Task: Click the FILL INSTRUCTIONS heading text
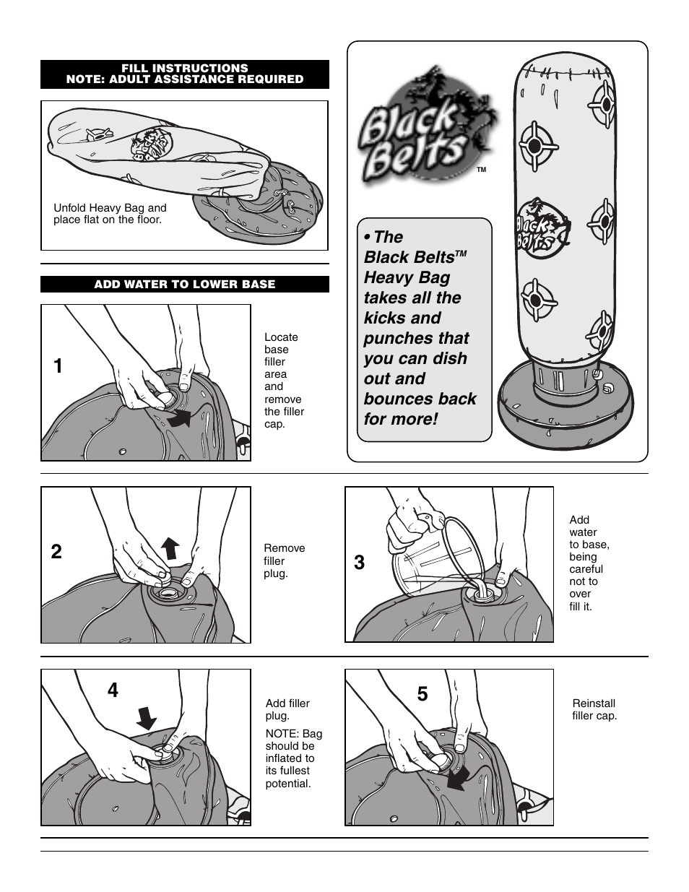coord(185,68)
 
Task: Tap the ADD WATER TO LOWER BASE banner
coord(185,285)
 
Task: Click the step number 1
coord(58,366)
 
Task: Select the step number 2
coord(56,552)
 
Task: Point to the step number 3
coord(360,563)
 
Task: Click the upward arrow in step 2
coord(170,548)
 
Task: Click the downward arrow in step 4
coord(147,718)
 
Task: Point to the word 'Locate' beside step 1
coord(281,337)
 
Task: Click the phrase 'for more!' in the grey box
coord(401,419)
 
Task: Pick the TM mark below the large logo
coord(482,170)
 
